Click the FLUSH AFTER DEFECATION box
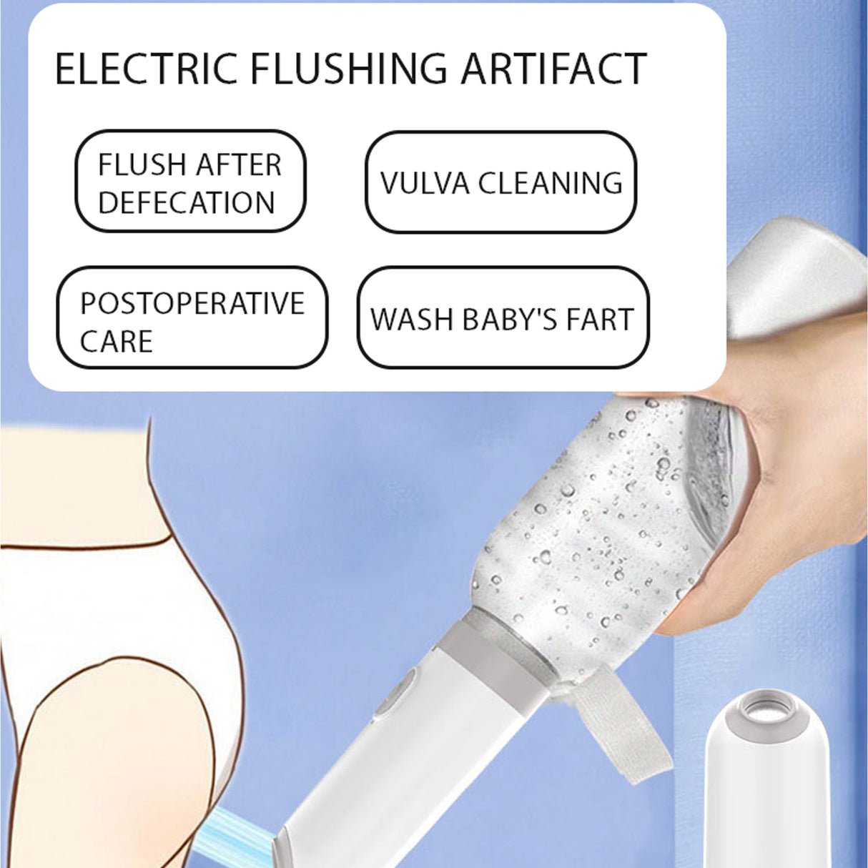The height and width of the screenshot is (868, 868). point(190,182)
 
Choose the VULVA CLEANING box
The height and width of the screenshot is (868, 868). point(500,182)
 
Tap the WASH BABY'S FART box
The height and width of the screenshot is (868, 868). point(503,318)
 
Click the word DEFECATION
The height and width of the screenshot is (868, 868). point(187,202)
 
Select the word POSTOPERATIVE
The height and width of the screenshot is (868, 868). point(192,303)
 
